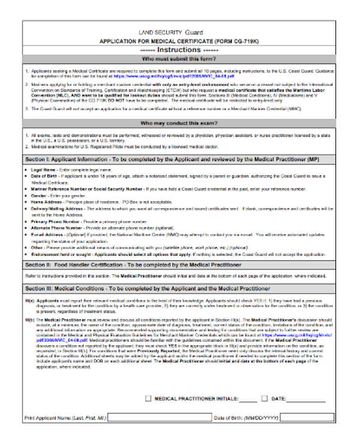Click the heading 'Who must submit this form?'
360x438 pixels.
[x=179, y=60]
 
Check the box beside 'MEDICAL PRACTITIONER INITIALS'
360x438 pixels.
[x=149, y=398]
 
